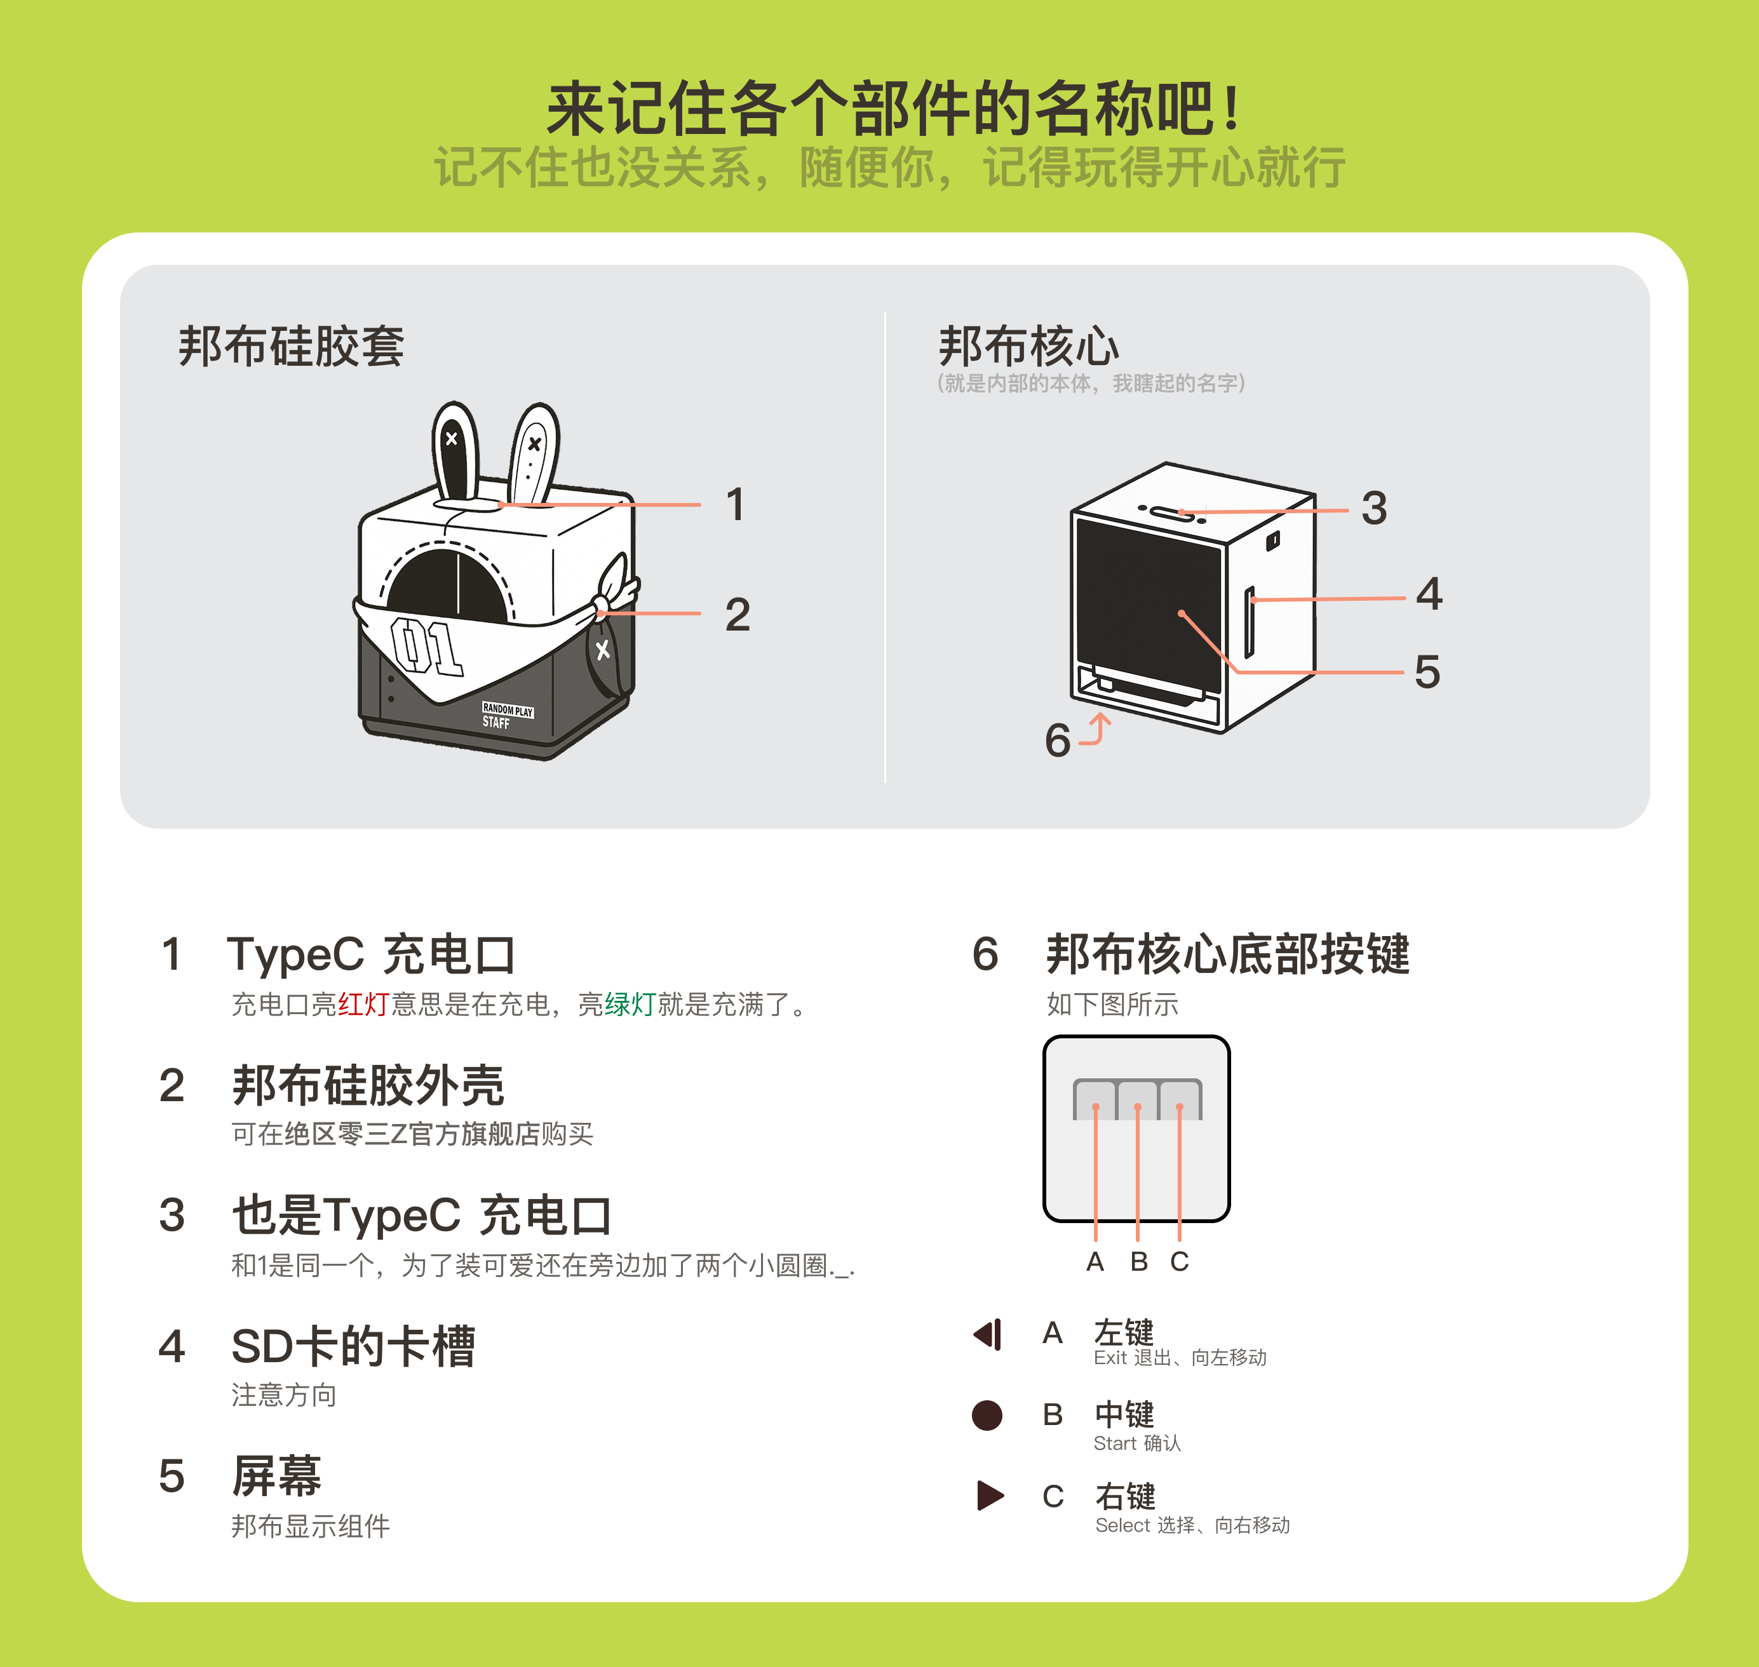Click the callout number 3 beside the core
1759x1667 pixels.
(x=1374, y=508)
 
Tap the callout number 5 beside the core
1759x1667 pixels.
(x=1427, y=672)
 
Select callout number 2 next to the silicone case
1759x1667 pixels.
(x=738, y=615)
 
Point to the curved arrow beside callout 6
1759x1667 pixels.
(x=1097, y=728)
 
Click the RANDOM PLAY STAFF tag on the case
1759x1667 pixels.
(x=508, y=715)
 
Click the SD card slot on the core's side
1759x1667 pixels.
(x=1249, y=622)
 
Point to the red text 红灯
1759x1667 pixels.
(x=363, y=1004)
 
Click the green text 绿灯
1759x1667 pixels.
(x=630, y=1004)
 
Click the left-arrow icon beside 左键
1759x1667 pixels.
(x=988, y=1334)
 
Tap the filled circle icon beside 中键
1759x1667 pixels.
(x=987, y=1415)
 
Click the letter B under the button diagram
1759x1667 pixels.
(x=1138, y=1261)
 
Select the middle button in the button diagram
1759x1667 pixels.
(x=1138, y=1100)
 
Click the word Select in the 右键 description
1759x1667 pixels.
(x=1122, y=1525)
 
